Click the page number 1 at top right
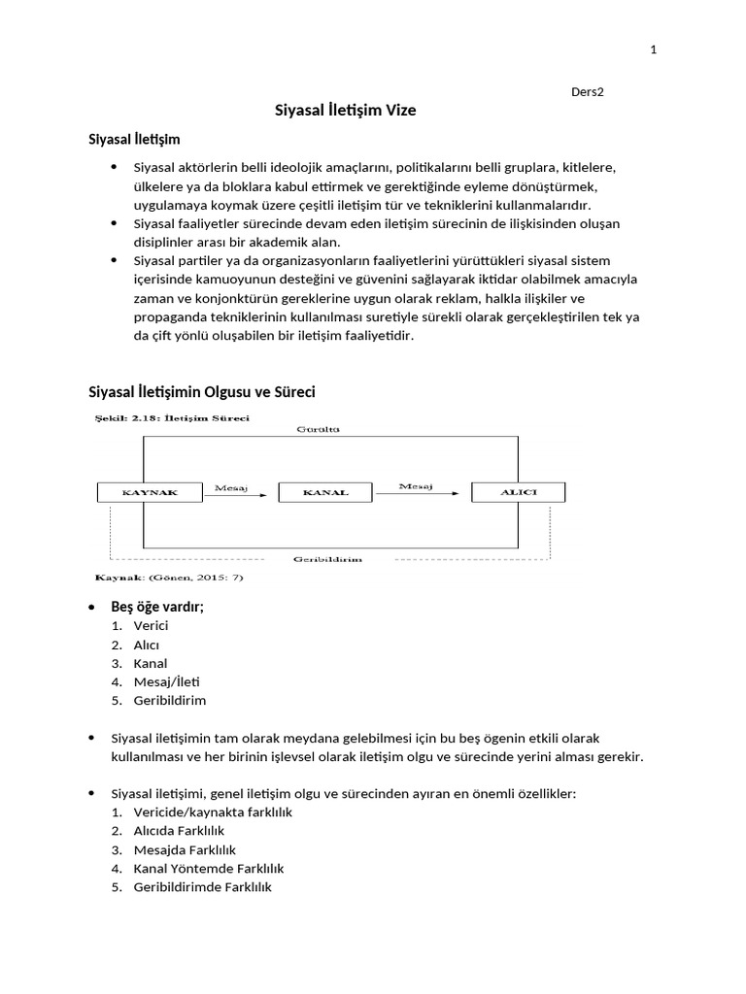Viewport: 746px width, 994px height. coord(653,50)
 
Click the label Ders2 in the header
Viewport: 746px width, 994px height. coord(588,92)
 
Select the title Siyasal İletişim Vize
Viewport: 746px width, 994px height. coord(346,111)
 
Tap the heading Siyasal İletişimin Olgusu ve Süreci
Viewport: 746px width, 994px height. coord(202,392)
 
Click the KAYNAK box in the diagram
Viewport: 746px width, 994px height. coord(150,493)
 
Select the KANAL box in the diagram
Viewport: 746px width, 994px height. coord(324,493)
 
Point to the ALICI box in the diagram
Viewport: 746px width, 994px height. coord(517,492)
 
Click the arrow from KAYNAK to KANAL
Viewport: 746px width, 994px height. coord(240,495)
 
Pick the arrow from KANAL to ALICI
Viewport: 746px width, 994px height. coord(416,493)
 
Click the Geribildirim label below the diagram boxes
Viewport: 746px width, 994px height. coord(328,560)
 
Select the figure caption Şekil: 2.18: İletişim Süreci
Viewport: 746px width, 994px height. coord(171,418)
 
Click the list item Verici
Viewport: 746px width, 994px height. coord(151,626)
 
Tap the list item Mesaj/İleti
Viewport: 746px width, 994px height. coord(166,681)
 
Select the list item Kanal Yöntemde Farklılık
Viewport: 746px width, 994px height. coord(208,868)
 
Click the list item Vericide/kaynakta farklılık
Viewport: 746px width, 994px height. coord(213,812)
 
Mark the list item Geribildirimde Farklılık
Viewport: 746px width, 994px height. coord(202,886)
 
